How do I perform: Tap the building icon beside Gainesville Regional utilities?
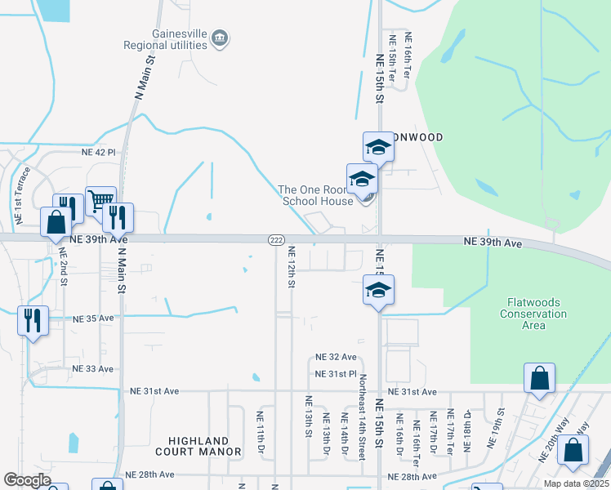coord(220,38)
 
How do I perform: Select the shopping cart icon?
coord(100,201)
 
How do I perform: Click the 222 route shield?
coord(276,239)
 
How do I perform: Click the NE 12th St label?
coord(290,269)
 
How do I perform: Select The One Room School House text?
coord(315,195)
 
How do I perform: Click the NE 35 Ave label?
coord(93,318)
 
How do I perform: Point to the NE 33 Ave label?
coord(92,369)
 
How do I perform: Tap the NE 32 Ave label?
coord(337,358)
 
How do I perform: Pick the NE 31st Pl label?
coord(337,374)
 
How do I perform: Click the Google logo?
coord(28,480)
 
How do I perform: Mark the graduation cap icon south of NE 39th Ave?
coord(378,290)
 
